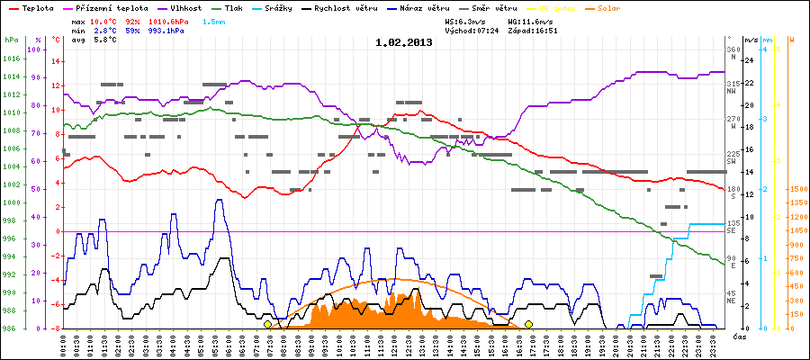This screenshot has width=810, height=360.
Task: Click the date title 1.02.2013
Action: (x=404, y=42)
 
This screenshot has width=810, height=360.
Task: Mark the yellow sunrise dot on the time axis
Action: (x=267, y=324)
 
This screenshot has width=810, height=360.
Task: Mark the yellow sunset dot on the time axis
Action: (x=528, y=324)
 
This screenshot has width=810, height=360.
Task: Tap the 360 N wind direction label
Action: (x=733, y=53)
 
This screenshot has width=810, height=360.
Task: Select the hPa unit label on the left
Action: (x=11, y=40)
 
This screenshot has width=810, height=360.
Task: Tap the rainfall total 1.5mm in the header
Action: (x=214, y=19)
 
